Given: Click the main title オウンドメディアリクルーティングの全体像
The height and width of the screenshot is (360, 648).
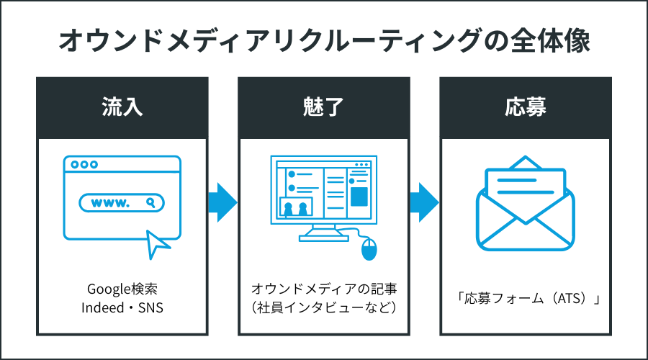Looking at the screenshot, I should tap(324, 40).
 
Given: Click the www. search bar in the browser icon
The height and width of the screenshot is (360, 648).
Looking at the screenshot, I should tap(122, 203).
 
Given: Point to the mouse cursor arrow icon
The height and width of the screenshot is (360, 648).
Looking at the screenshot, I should tap(158, 243).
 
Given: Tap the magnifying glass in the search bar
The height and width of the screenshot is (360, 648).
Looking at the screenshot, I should tap(150, 203).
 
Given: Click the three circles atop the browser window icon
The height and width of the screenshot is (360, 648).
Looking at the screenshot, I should tap(84, 164).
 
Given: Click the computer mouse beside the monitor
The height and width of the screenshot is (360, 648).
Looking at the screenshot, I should tap(368, 250).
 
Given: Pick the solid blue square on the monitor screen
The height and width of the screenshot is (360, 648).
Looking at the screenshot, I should tap(359, 196).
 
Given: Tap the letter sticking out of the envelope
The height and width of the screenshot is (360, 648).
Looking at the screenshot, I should tap(525, 184).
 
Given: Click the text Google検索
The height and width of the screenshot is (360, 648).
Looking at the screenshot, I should tap(122, 289).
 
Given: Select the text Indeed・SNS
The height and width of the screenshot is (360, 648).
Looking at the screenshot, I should tap(122, 307).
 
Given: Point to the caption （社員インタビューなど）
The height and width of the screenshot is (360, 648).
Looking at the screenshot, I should tap(324, 307).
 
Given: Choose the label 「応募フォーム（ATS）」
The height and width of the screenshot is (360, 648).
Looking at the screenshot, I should tap(525, 299).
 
